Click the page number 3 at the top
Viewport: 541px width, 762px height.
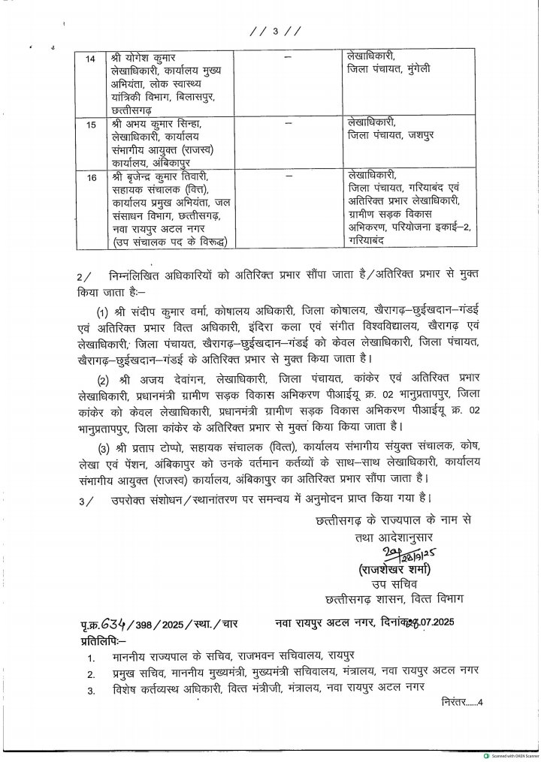(276, 31)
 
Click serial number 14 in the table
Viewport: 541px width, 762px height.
(92, 59)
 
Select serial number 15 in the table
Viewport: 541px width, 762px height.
(92, 125)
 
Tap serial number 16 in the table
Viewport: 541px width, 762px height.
(92, 178)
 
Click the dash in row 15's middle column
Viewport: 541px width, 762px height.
(288, 122)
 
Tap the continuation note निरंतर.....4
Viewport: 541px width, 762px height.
(461, 703)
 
